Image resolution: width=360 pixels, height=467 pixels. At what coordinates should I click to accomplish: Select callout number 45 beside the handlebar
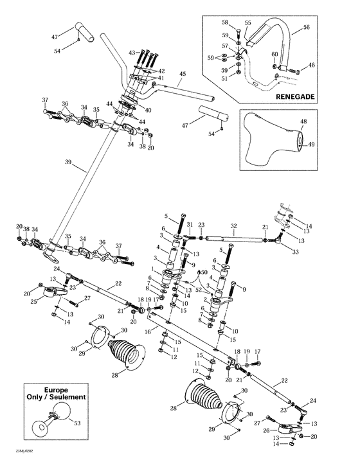click(182, 74)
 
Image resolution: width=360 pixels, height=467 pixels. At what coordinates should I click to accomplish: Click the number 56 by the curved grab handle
click(306, 28)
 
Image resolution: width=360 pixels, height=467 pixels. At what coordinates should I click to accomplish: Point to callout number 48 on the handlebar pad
click(303, 121)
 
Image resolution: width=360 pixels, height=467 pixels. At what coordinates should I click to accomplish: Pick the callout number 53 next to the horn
click(78, 424)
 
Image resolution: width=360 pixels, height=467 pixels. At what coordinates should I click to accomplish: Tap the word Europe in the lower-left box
click(56, 390)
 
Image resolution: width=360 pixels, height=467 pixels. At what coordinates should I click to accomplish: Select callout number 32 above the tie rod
click(233, 226)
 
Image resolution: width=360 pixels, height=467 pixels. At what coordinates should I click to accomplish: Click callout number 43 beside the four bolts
click(132, 52)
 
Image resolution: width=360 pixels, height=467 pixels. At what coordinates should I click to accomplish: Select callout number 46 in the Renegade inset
click(312, 65)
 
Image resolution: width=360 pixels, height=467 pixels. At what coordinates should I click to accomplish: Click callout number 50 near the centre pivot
click(204, 273)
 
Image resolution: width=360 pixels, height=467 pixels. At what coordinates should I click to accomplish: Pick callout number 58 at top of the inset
click(224, 22)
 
